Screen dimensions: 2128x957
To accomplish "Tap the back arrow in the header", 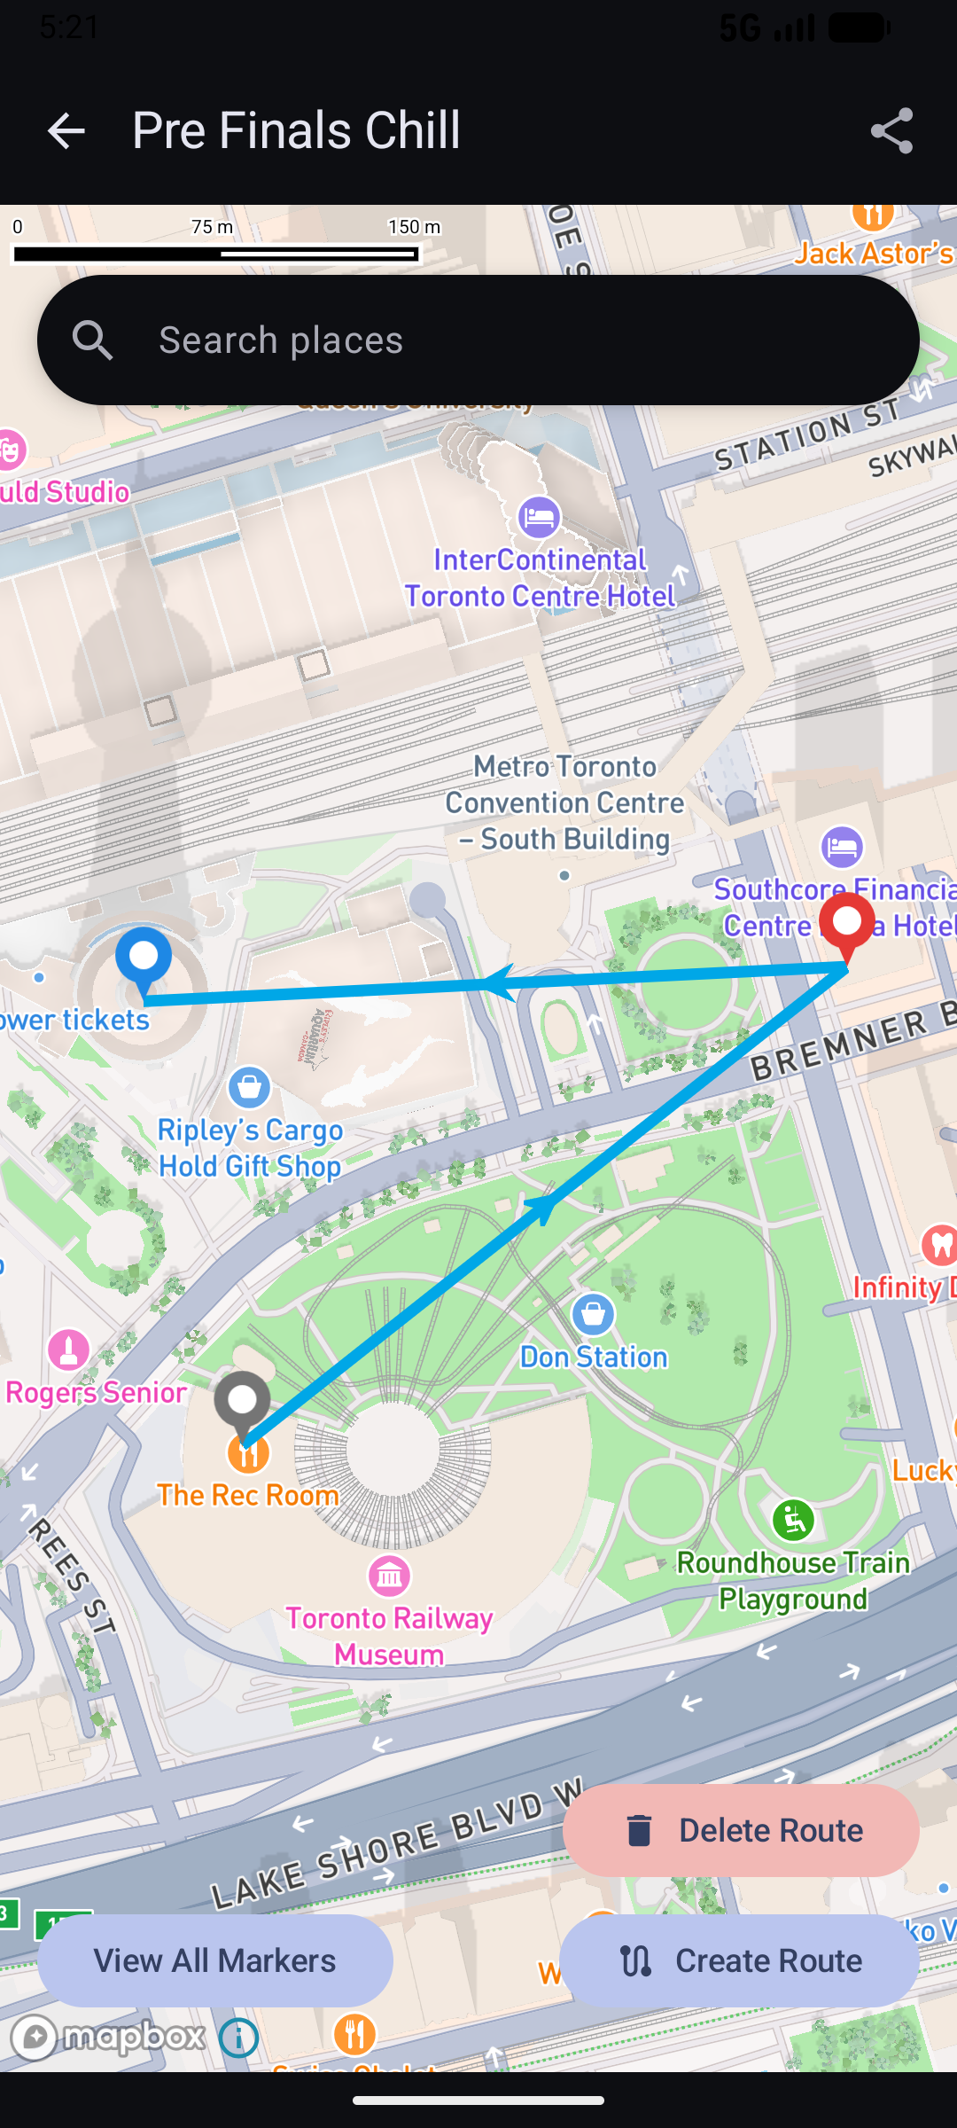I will click(x=66, y=131).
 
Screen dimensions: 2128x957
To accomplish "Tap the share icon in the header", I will click(x=891, y=131).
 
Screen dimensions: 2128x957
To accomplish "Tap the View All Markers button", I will click(x=215, y=1960).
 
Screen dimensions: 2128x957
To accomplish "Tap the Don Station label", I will click(x=594, y=1357).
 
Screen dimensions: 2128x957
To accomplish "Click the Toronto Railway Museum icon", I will click(x=389, y=1576).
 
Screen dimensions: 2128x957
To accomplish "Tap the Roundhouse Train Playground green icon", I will click(x=793, y=1521).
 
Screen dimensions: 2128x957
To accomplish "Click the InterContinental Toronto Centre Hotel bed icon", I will click(x=539, y=517).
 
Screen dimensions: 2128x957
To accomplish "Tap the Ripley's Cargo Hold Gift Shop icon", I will click(x=249, y=1086).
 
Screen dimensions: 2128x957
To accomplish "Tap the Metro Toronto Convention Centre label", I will click(x=564, y=802).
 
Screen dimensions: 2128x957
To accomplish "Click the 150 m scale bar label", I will click(x=414, y=227).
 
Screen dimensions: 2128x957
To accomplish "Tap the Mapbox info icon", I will click(x=238, y=2038).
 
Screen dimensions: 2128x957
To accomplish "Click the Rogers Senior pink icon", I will click(x=68, y=1350).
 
